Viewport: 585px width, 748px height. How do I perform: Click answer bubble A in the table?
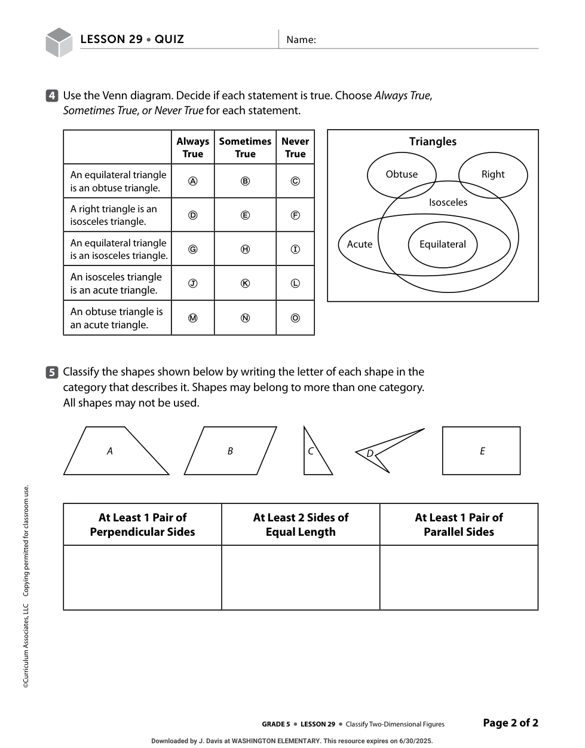click(193, 181)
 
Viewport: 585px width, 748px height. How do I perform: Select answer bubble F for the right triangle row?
click(295, 215)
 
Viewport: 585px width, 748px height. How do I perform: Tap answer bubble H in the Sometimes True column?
click(245, 249)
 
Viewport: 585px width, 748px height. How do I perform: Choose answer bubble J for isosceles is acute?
click(193, 283)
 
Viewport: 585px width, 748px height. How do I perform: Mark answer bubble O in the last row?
click(295, 318)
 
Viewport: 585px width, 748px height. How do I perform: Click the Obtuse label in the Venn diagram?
click(402, 174)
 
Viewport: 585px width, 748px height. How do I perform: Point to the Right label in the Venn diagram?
click(493, 174)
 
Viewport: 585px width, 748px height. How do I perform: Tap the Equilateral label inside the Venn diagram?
click(442, 244)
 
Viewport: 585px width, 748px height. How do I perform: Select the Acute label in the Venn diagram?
click(360, 244)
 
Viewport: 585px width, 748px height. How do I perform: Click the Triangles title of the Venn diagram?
click(433, 142)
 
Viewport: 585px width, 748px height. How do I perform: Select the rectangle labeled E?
click(482, 451)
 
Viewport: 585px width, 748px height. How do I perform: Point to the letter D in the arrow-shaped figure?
click(370, 454)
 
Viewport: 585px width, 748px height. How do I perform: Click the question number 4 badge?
click(52, 96)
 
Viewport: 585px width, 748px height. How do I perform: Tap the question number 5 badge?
click(52, 373)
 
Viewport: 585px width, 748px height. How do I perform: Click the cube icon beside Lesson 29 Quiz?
click(59, 42)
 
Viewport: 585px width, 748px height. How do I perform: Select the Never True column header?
click(295, 148)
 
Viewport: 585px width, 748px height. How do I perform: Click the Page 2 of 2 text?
click(510, 723)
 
